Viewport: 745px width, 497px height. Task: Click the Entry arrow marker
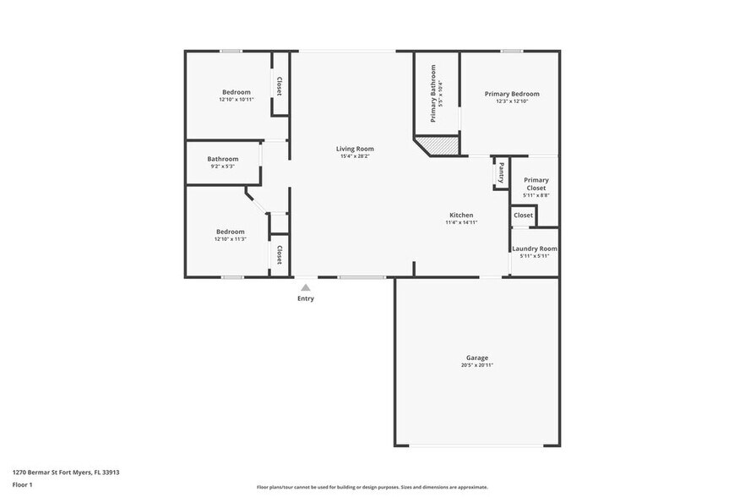pos(306,287)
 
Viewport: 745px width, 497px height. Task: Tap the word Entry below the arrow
pos(306,298)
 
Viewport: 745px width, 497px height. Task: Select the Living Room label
pos(355,149)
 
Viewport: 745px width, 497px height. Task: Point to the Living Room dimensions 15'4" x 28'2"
pos(355,156)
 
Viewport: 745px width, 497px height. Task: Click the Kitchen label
pos(461,215)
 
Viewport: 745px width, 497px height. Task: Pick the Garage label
pos(477,358)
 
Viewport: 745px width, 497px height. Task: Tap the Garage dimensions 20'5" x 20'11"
pos(477,365)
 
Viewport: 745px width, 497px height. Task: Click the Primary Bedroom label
pos(511,94)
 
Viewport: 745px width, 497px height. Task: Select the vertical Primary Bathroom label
pos(432,93)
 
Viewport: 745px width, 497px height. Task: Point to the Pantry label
pos(501,173)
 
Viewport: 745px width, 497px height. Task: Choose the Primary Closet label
pos(536,183)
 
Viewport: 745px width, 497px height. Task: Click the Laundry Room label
pos(535,248)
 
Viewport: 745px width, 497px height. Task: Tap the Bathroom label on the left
pos(223,159)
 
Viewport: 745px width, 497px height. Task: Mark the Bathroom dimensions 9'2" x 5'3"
pos(223,167)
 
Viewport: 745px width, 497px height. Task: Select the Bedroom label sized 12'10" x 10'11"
pos(237,92)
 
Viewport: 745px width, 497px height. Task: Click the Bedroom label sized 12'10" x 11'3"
pos(230,232)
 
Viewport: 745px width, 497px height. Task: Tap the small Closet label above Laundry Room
pos(524,216)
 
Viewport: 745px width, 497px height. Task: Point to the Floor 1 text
pos(23,484)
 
